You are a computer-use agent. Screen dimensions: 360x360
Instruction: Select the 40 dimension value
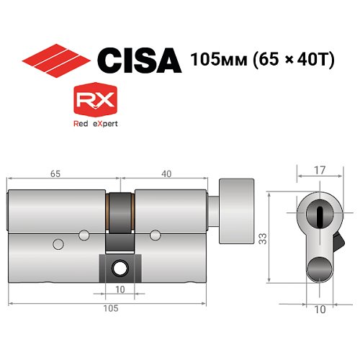click(166, 173)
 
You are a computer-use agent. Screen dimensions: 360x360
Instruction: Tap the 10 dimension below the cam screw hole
click(120, 289)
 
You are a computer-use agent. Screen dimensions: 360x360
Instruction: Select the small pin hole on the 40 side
click(155, 233)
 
